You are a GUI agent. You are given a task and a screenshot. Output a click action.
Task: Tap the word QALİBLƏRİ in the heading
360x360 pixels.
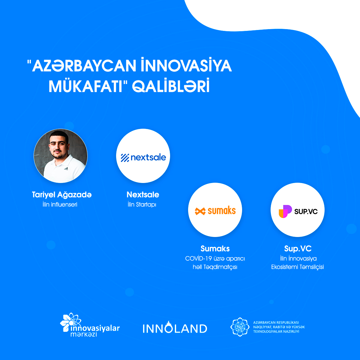point(171,86)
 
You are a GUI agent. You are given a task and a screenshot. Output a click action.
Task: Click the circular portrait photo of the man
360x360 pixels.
point(61,156)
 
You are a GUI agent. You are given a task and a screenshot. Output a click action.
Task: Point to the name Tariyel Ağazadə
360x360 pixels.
point(62,195)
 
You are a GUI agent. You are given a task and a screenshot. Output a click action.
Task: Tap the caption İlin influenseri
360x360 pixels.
point(60,204)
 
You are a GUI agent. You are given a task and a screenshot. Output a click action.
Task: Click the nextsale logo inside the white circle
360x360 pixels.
point(143,157)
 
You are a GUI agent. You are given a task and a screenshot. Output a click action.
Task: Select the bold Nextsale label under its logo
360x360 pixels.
point(143,195)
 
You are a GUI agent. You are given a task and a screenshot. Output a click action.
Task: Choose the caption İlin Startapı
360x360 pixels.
point(142,205)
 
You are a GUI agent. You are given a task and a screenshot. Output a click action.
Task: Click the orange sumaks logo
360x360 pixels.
point(215,211)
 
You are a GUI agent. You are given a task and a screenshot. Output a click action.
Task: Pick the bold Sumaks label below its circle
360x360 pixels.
point(215,249)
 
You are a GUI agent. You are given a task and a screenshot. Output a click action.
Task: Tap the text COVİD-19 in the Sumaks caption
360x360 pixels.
point(198,259)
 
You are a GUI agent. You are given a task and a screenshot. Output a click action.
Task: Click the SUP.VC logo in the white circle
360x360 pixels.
point(298,211)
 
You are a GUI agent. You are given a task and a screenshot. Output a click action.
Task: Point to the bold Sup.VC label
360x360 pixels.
point(298,249)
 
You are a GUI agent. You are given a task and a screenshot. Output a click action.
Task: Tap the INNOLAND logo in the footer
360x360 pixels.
point(175,328)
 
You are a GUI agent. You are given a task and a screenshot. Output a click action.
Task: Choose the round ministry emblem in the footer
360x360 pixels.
point(240,327)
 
